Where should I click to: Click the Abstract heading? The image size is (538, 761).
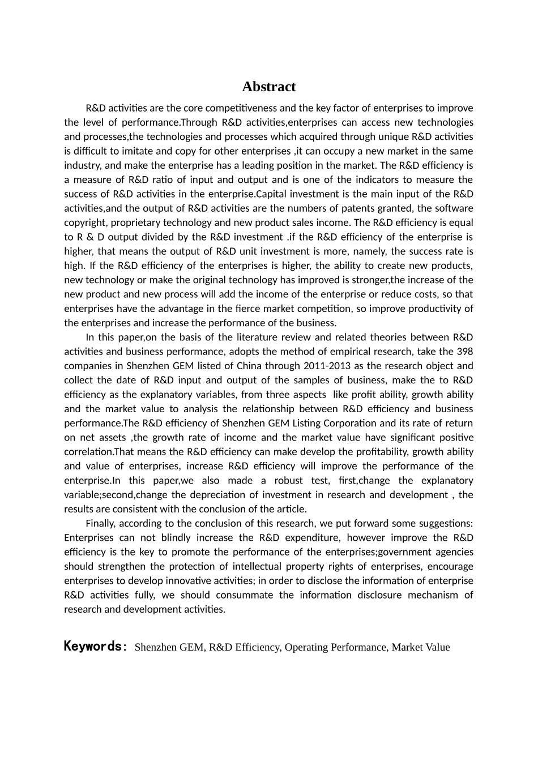coord(268,87)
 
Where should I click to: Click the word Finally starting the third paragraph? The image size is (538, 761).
coord(101,523)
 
